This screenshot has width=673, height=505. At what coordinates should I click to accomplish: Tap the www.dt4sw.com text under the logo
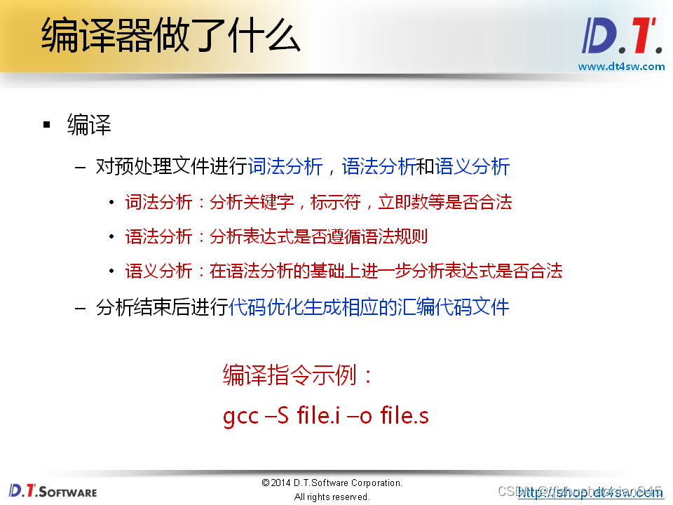coord(621,67)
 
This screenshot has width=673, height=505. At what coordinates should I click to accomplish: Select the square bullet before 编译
coord(47,125)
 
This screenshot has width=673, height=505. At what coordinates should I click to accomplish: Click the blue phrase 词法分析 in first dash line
coord(285,167)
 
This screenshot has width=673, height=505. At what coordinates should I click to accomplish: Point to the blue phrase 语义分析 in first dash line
coord(472,167)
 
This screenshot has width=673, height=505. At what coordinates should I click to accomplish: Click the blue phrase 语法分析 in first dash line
coord(379,167)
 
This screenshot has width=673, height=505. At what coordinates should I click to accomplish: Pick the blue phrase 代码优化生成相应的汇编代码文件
coord(369,307)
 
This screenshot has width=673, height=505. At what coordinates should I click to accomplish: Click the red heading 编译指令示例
coord(298,375)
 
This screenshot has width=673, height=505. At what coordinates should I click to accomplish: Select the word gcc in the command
coord(240,416)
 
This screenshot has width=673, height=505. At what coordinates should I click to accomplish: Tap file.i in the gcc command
coord(319,416)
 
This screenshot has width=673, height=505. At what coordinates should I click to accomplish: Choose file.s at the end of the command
coord(405,416)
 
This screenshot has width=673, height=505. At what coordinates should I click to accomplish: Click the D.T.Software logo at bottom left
coord(53,490)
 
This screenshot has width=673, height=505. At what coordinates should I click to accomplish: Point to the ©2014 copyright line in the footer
coord(332,483)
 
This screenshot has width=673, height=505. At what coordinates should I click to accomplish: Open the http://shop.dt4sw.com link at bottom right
coord(590,492)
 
